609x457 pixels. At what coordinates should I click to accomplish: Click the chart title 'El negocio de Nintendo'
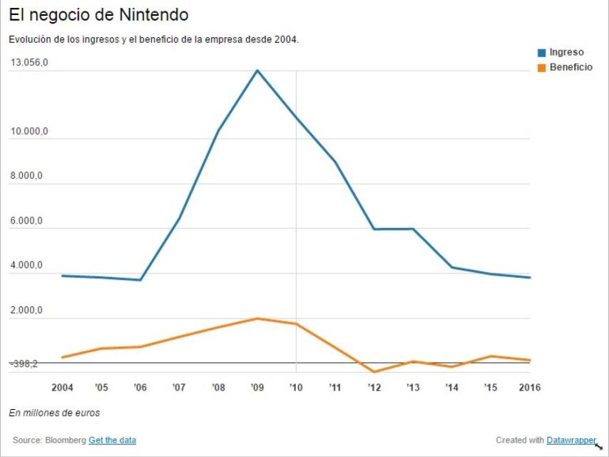[98, 14]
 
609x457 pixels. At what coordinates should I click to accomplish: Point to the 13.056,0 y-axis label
[29, 63]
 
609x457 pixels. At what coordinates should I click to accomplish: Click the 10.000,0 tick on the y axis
[29, 132]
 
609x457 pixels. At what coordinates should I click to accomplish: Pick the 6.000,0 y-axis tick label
[27, 221]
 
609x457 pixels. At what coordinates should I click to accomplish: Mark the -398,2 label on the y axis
[24, 364]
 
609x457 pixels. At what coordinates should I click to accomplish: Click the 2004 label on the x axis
[63, 388]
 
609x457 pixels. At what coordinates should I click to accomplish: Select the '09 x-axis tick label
[257, 388]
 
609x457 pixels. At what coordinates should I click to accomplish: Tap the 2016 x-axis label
[528, 388]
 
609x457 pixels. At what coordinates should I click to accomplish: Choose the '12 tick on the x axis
[374, 388]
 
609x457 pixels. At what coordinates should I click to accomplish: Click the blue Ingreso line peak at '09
[257, 70]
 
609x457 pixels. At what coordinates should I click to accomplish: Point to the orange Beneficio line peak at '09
[257, 318]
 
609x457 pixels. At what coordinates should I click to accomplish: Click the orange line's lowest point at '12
[374, 371]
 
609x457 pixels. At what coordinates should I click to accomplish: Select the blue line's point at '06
[140, 280]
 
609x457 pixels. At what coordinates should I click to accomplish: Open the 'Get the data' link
[112, 440]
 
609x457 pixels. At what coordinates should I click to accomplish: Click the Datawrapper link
[571, 440]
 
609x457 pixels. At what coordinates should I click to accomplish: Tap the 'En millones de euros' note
[54, 413]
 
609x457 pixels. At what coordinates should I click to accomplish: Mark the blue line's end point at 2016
[529, 278]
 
